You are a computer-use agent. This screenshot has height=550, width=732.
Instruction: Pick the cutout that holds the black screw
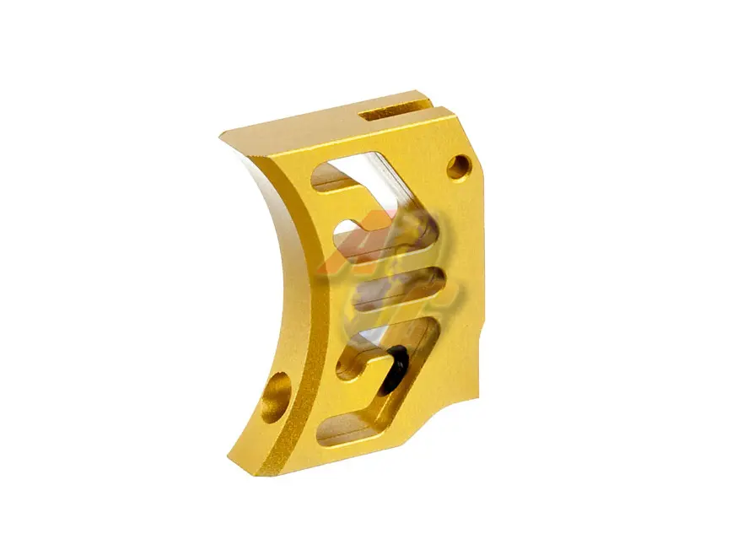click(x=384, y=354)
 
